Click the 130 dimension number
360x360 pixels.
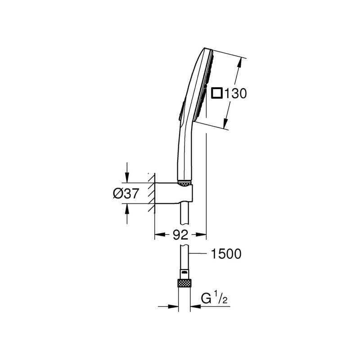[x=235, y=94]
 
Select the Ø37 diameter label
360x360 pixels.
[x=126, y=193]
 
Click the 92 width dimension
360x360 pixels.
[x=180, y=234]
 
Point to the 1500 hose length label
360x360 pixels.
[x=226, y=254]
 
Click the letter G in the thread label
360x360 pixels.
[x=206, y=298]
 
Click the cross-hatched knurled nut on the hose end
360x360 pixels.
[x=184, y=283]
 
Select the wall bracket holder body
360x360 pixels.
[x=173, y=193]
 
